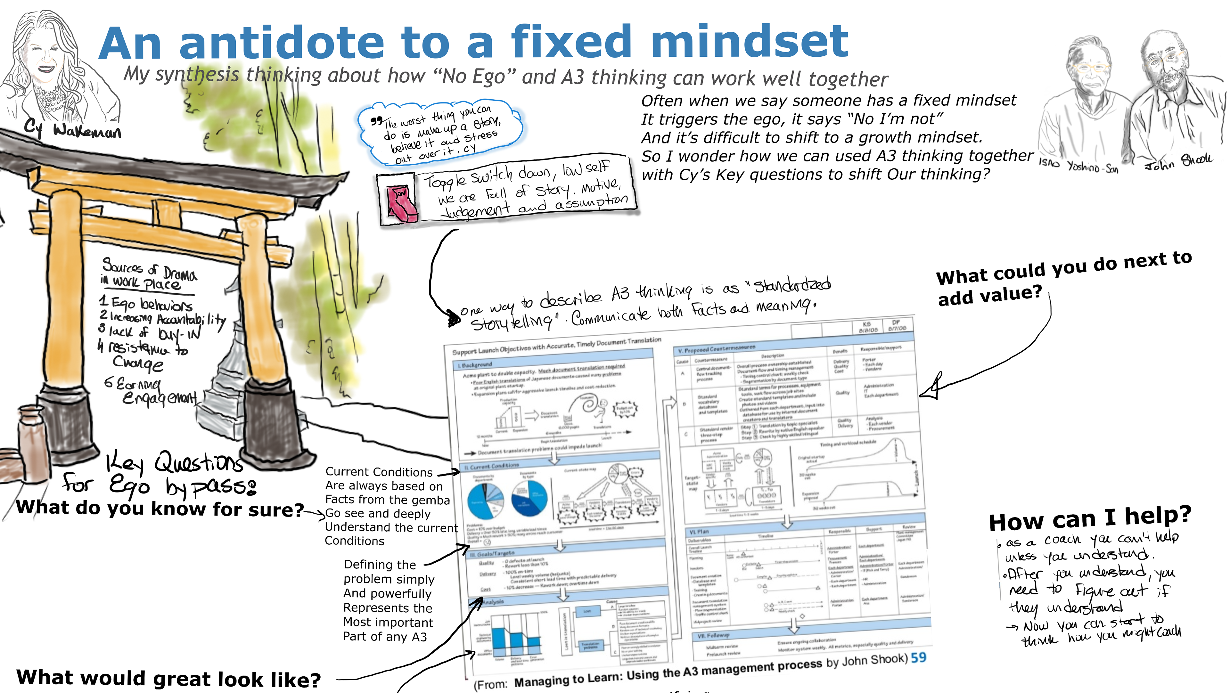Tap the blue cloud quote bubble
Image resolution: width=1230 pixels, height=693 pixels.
pyautogui.click(x=439, y=134)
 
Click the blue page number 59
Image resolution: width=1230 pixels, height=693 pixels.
pyautogui.click(x=918, y=658)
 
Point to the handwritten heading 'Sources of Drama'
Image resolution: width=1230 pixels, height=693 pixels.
pyautogui.click(x=149, y=270)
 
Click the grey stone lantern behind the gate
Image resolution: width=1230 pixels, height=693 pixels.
pyautogui.click(x=229, y=382)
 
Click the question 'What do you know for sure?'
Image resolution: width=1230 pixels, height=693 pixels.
pyautogui.click(x=160, y=509)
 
